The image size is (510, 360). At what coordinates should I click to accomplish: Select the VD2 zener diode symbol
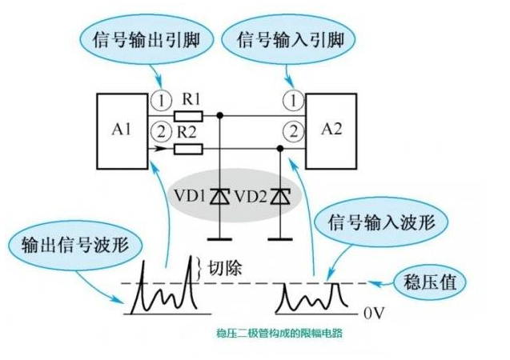tap(279, 194)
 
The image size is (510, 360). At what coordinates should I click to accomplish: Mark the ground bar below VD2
tap(279, 238)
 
